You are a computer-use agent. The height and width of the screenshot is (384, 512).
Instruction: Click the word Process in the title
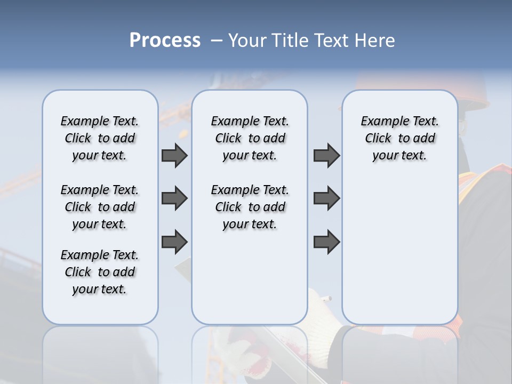[165, 40]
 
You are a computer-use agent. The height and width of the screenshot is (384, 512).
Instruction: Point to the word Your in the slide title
[247, 40]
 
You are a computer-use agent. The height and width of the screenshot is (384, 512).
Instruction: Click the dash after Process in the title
[217, 41]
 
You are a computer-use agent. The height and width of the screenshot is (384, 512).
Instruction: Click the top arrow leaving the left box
[174, 156]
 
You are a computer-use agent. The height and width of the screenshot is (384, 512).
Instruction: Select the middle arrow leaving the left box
[174, 199]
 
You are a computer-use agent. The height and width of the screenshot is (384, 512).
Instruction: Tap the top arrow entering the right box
[326, 156]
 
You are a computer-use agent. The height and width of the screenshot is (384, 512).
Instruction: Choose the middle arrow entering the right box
[326, 199]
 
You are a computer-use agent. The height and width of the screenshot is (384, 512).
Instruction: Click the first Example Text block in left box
[100, 138]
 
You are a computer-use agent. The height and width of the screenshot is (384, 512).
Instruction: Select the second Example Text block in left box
[100, 207]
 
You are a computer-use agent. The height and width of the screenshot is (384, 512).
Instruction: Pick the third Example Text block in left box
[100, 272]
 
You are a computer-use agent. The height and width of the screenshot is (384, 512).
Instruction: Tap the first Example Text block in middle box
[250, 138]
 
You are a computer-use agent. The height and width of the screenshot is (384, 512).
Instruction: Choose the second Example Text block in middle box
[250, 207]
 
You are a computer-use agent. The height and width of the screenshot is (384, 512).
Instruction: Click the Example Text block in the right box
[400, 138]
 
